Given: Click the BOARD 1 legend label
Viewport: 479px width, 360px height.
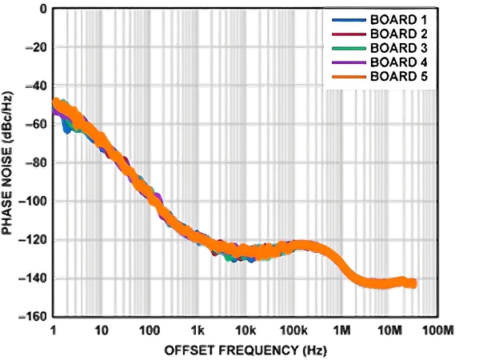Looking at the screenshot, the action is tap(398, 20).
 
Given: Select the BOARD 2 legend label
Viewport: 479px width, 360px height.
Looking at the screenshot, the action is tap(399, 34).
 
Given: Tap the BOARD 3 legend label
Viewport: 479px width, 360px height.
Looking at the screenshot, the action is tap(399, 48).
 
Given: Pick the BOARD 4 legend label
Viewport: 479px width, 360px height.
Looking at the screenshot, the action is tap(399, 62).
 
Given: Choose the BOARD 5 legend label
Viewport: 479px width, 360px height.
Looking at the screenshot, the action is tap(399, 77).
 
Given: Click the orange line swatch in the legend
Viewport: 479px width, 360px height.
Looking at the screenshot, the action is tap(349, 77).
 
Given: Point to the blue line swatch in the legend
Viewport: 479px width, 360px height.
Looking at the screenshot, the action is tap(349, 20).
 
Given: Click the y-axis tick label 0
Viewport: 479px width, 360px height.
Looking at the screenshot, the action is tap(43, 9).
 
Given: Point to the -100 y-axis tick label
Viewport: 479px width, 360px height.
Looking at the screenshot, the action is tap(33, 202).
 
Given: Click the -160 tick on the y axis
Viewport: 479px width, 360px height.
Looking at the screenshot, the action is tap(33, 316).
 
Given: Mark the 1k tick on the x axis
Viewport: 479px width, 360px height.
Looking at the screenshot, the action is tap(198, 330).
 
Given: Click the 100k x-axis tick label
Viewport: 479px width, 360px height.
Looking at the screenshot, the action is tap(293, 330).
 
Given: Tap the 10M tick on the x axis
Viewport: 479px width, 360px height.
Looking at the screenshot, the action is tap(389, 330).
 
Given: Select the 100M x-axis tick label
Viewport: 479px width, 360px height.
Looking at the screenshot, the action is tap(437, 330).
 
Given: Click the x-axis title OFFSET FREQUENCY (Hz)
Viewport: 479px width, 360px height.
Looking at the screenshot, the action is tap(245, 350).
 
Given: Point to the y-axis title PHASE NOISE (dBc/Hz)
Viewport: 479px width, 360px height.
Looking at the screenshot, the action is tap(7, 163).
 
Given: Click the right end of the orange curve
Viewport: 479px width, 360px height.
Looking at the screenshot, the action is tap(415, 283).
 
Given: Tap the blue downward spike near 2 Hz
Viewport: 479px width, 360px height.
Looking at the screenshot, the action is tap(66, 128).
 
